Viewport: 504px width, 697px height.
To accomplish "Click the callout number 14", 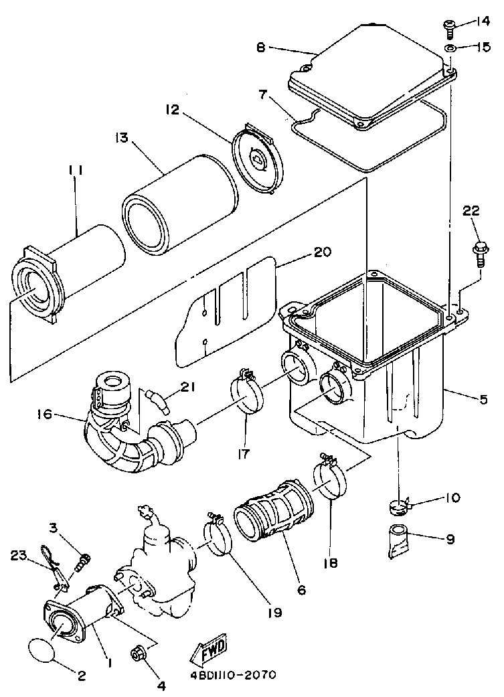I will point(483,21).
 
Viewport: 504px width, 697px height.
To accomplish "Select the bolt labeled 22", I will point(479,251).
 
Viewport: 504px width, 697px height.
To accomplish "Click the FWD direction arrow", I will point(207,648).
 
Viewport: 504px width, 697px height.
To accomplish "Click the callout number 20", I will point(322,254).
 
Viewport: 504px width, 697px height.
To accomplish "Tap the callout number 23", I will point(19,555).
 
